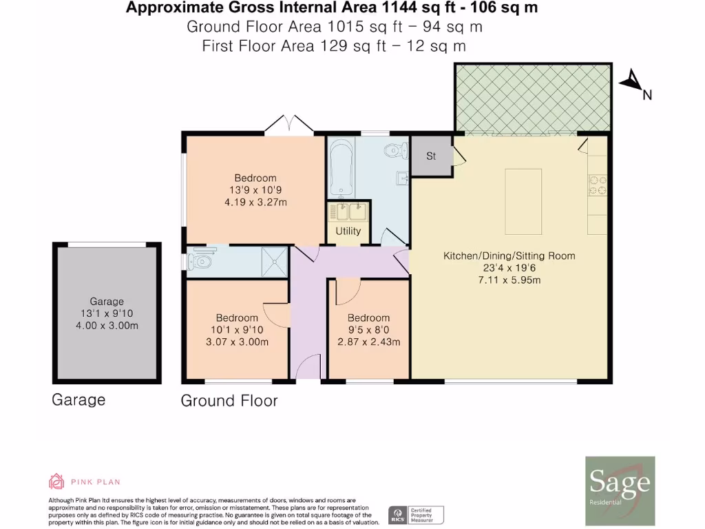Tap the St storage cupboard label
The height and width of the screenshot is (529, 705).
pyautogui.click(x=431, y=156)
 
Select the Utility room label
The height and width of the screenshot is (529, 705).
pyautogui.click(x=348, y=231)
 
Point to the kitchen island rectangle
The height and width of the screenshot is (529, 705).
pyautogui.click(x=523, y=200)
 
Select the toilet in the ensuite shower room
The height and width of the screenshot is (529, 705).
pyautogui.click(x=201, y=261)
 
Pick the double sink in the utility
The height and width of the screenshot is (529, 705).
pyautogui.click(x=348, y=211)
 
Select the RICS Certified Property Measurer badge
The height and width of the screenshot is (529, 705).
pyautogui.click(x=417, y=514)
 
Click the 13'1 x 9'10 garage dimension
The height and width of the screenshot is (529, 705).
pyautogui.click(x=107, y=313)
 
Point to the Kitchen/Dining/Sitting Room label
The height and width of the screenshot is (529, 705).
pyautogui.click(x=509, y=256)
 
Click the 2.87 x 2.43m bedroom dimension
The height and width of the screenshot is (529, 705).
pyautogui.click(x=368, y=342)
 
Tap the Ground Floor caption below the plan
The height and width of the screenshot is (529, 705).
pyautogui.click(x=229, y=401)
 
